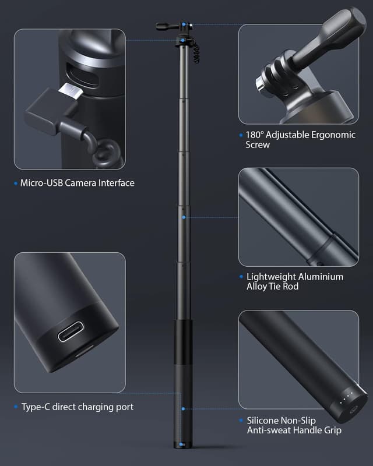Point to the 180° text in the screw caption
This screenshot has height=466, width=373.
(255, 135)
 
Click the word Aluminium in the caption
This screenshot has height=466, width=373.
(314, 277)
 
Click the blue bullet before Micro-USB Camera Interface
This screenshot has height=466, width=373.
(16, 183)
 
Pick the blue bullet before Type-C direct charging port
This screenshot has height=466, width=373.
(16, 407)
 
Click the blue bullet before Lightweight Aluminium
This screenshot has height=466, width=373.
(241, 277)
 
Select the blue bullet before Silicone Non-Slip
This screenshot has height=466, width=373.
(241, 421)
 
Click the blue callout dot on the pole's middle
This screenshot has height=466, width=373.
(183, 217)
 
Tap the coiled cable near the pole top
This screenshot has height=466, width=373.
(196, 54)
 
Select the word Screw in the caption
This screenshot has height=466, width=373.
(258, 144)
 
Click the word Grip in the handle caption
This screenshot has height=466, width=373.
(330, 430)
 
